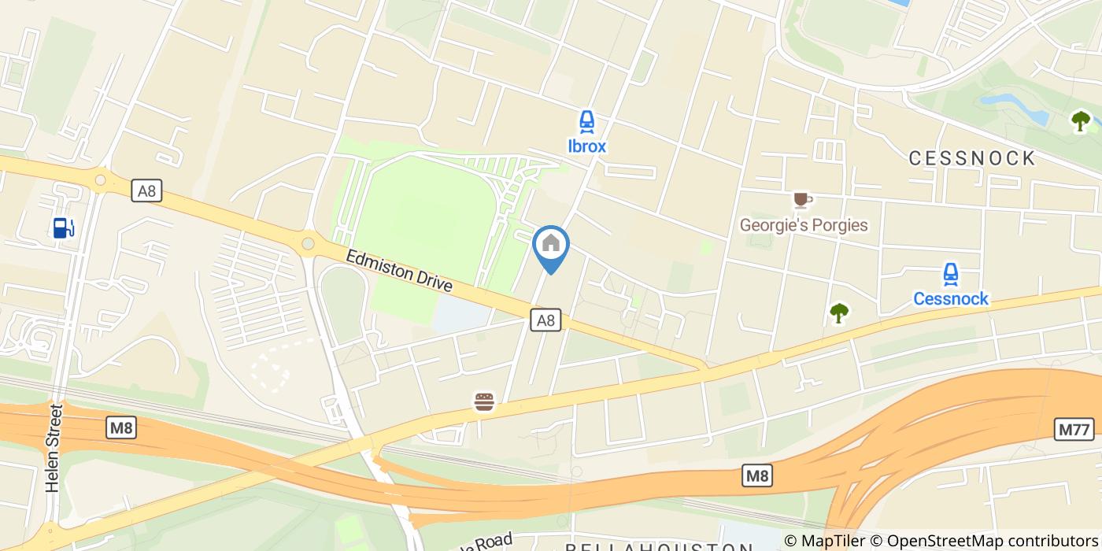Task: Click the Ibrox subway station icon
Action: click(586, 121)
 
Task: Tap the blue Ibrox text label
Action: click(586, 146)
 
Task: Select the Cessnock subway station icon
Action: click(950, 275)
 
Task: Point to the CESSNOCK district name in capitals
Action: click(972, 158)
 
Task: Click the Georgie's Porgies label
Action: click(803, 225)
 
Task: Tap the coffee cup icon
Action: click(801, 200)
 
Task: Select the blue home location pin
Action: click(551, 246)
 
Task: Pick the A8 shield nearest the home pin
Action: click(545, 320)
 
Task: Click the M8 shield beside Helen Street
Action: click(121, 428)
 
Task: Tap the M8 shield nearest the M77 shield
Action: click(756, 475)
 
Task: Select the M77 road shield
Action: click(1074, 430)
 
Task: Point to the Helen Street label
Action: click(54, 449)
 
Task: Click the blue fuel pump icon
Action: click(63, 227)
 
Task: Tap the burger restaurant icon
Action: click(484, 402)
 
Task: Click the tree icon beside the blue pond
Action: click(1081, 120)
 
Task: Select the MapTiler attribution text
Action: click(834, 541)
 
